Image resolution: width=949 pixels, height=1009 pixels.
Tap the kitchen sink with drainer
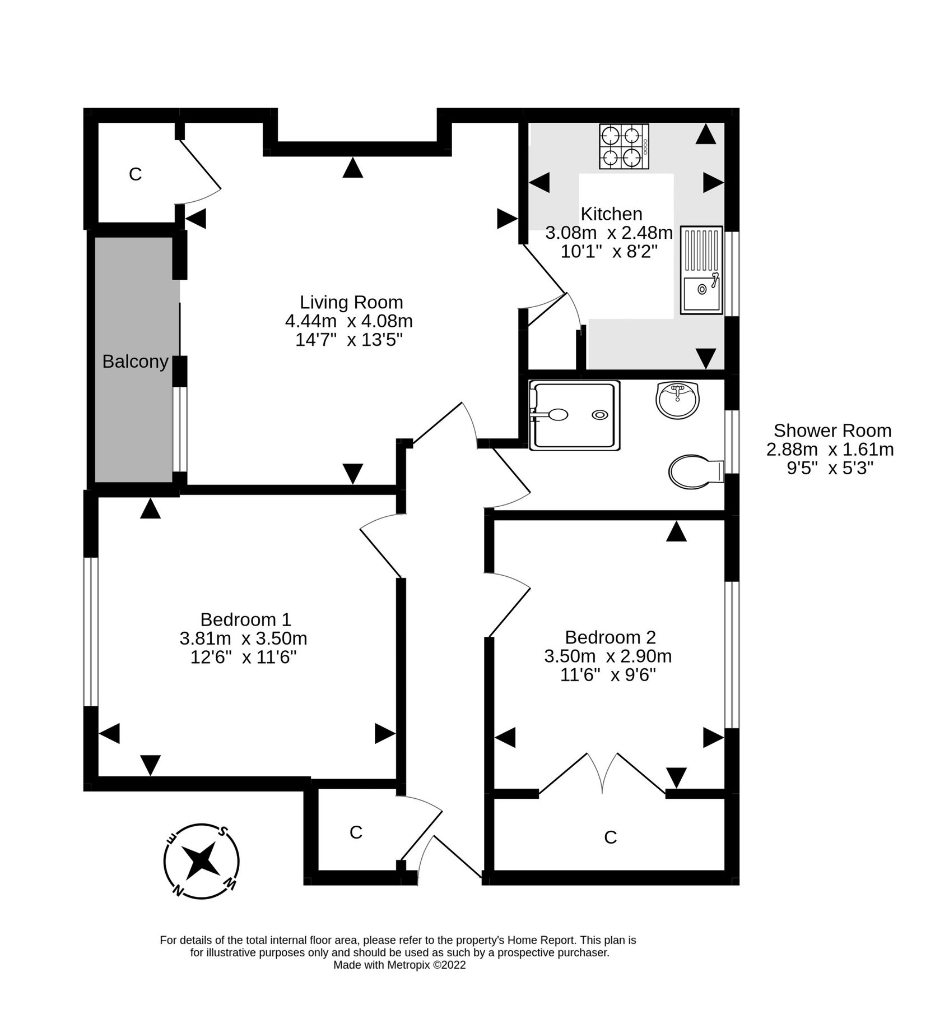click(x=701, y=270)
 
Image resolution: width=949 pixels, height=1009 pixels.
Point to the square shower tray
click(x=575, y=415)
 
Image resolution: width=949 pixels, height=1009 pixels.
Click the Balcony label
click(x=135, y=362)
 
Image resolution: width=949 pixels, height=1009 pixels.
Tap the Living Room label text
click(x=351, y=302)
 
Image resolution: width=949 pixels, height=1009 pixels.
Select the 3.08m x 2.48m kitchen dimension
click(x=609, y=232)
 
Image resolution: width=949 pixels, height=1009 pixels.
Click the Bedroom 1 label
click(x=245, y=619)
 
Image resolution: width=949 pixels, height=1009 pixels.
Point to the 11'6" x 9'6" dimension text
click(x=608, y=674)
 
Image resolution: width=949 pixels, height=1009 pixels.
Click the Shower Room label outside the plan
click(x=832, y=431)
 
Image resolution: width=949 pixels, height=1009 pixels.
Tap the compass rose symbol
click(x=202, y=861)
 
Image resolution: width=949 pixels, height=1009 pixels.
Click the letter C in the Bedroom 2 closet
click(x=610, y=837)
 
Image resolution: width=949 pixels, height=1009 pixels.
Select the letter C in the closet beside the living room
click(x=135, y=174)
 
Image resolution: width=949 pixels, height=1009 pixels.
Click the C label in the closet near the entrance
click(x=356, y=832)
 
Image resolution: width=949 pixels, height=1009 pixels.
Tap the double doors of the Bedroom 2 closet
click(x=603, y=774)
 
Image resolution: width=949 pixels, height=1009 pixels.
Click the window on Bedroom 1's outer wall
click(x=91, y=631)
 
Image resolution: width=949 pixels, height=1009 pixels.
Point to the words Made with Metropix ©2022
click(x=399, y=965)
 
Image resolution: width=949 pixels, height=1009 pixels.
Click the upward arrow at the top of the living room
click(x=352, y=168)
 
